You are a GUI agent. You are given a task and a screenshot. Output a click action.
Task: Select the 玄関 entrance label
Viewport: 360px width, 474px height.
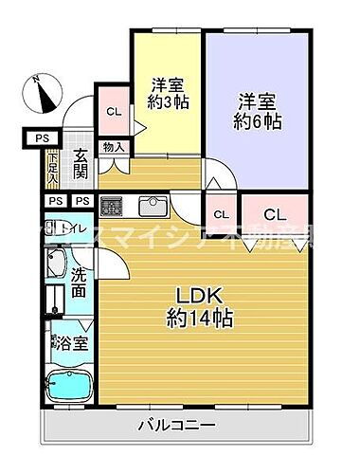pos(81,164)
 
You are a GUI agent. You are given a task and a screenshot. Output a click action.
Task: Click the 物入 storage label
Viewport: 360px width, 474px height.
pos(112,147)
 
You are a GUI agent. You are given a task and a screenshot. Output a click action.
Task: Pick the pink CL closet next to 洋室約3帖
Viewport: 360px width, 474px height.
pos(114,112)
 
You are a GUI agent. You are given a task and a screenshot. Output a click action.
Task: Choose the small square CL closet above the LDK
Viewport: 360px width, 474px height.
pos(221,214)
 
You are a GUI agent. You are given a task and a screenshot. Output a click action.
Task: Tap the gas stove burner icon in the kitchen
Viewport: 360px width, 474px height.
pos(113,205)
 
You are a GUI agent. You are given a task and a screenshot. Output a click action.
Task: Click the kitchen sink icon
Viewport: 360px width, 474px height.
pos(152,205)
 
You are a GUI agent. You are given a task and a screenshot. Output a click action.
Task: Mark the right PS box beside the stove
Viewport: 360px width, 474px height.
pos(81,201)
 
